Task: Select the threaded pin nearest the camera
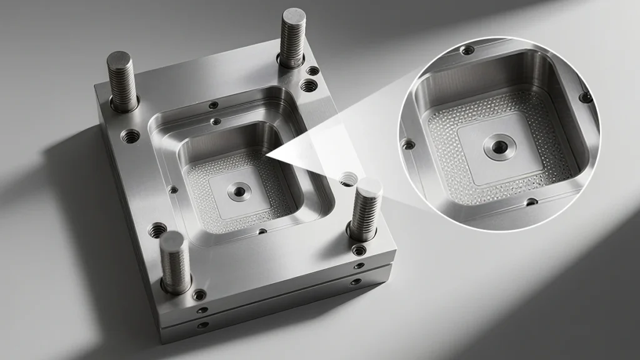[174, 262]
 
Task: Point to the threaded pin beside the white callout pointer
[366, 209]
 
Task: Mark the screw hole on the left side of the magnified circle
[409, 144]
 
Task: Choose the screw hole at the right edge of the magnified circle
[585, 97]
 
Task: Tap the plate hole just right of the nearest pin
[199, 294]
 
